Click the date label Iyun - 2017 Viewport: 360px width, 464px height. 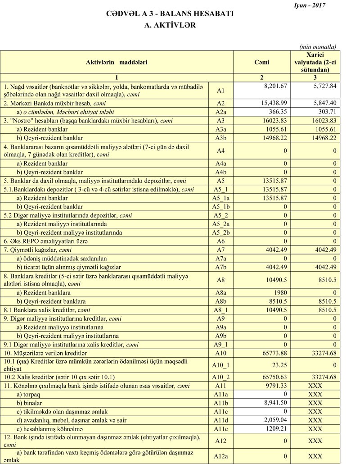pyautogui.click(x=309, y=5)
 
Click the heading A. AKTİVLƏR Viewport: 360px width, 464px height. pyautogui.click(x=170, y=26)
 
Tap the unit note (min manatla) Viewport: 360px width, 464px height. pyautogui.click(x=318, y=47)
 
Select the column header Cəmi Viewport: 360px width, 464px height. pyautogui.click(x=261, y=62)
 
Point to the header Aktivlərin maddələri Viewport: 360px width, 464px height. pyautogui.click(x=117, y=62)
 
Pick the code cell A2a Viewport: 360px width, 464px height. pyautogui.click(x=220, y=112)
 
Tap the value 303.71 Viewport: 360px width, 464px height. pyautogui.click(x=327, y=112)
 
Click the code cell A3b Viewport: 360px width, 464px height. pyautogui.click(x=220, y=138)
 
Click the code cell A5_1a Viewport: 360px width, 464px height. pyautogui.click(x=220, y=198)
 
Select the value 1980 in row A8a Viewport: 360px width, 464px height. pyautogui.click(x=280, y=292)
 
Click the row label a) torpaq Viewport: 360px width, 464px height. pyautogui.click(x=28, y=394)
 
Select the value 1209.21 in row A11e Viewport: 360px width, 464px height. pyautogui.click(x=275, y=428)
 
